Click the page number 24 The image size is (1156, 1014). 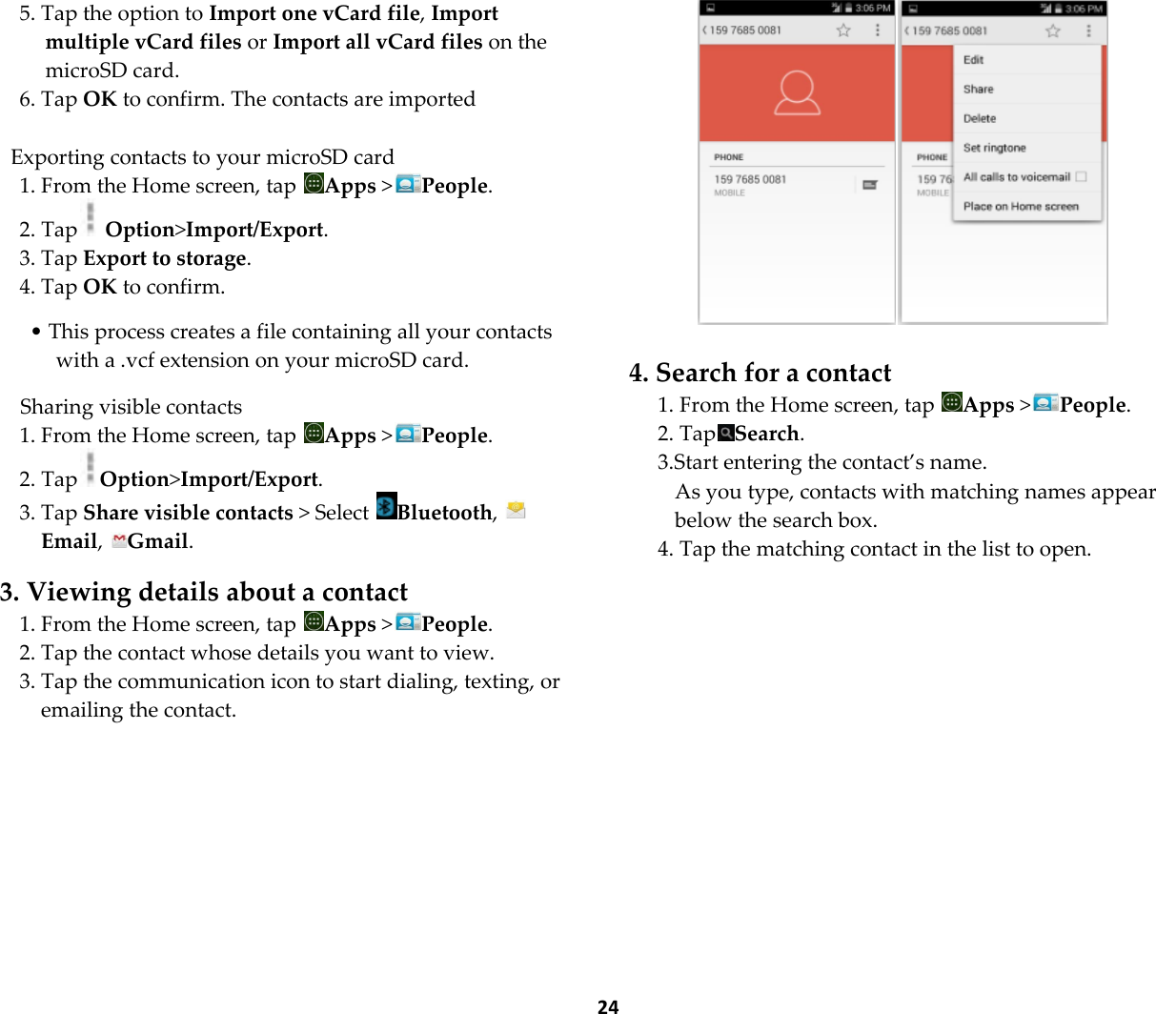tap(608, 1005)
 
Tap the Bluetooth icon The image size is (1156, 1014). tap(386, 506)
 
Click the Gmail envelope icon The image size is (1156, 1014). tap(119, 541)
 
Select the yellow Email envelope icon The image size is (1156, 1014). tap(516, 510)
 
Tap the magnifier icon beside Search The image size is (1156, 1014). tap(726, 434)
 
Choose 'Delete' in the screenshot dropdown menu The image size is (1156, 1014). tap(980, 119)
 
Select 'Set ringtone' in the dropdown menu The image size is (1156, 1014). tap(994, 148)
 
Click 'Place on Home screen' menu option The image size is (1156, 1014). tap(1021, 206)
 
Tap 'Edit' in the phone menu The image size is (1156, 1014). tap(973, 60)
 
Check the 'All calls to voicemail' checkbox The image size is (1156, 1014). tap(1081, 176)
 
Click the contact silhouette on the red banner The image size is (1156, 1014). tap(797, 93)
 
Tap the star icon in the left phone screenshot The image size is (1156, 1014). tap(843, 30)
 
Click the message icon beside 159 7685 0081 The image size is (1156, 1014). tap(870, 185)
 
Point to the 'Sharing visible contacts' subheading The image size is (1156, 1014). tap(131, 407)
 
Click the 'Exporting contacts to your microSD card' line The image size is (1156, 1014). tap(202, 157)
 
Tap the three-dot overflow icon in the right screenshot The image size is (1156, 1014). tap(1088, 30)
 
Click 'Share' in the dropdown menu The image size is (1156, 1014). tap(978, 90)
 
